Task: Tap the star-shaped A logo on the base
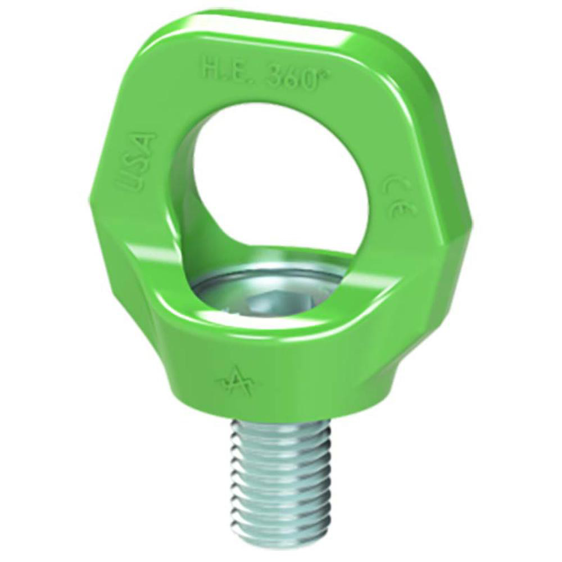click(x=235, y=382)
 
